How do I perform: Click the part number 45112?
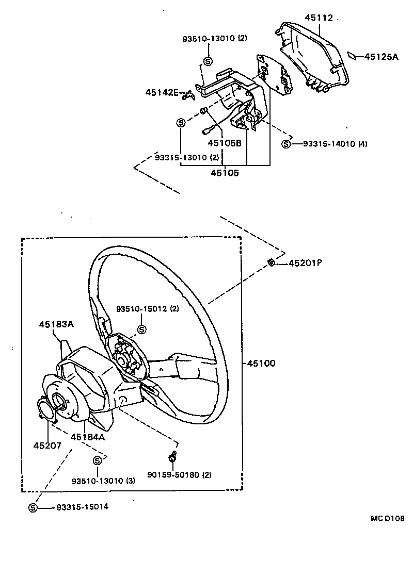pos(320,18)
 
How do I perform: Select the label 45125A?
pos(382,57)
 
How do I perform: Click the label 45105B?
pos(225,143)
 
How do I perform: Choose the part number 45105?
pos(225,173)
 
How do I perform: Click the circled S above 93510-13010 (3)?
pos(97,460)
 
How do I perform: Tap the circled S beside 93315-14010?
pos(286,144)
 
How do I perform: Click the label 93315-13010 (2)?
pos(180,157)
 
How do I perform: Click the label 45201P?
pos(305,263)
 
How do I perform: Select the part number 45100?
pos(261,363)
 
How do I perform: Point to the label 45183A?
pos(56,324)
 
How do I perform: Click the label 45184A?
pos(88,437)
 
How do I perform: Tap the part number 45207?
pos(47,445)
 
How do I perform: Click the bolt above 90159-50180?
pos(172,457)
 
